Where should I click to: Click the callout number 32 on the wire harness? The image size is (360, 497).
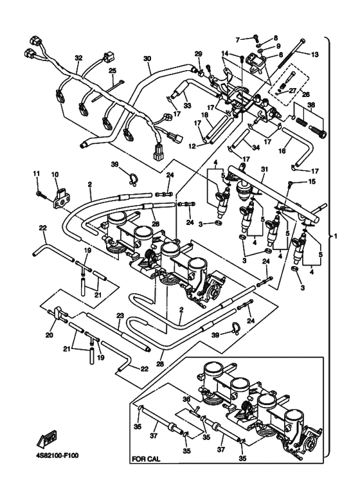(78, 58)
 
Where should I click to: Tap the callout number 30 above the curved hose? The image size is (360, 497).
(147, 59)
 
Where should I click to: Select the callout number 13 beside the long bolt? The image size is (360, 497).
(315, 55)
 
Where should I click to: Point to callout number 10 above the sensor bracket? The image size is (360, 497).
(55, 174)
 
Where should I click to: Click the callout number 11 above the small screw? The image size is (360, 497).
(37, 174)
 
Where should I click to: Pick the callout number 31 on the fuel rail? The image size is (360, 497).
(265, 170)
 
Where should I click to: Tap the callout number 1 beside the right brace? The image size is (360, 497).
(336, 236)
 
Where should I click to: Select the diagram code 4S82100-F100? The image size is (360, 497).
(57, 456)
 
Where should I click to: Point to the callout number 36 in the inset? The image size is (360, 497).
(187, 400)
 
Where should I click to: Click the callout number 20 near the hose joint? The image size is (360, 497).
(49, 335)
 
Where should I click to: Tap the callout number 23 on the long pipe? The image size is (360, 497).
(120, 316)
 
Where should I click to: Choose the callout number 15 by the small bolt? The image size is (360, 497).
(312, 181)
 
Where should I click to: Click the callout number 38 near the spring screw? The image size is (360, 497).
(311, 105)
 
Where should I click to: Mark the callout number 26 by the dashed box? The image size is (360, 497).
(307, 94)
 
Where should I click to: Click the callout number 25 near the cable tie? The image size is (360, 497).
(113, 70)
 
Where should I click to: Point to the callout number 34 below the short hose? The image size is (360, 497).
(256, 148)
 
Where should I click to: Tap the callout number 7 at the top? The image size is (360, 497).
(238, 40)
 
